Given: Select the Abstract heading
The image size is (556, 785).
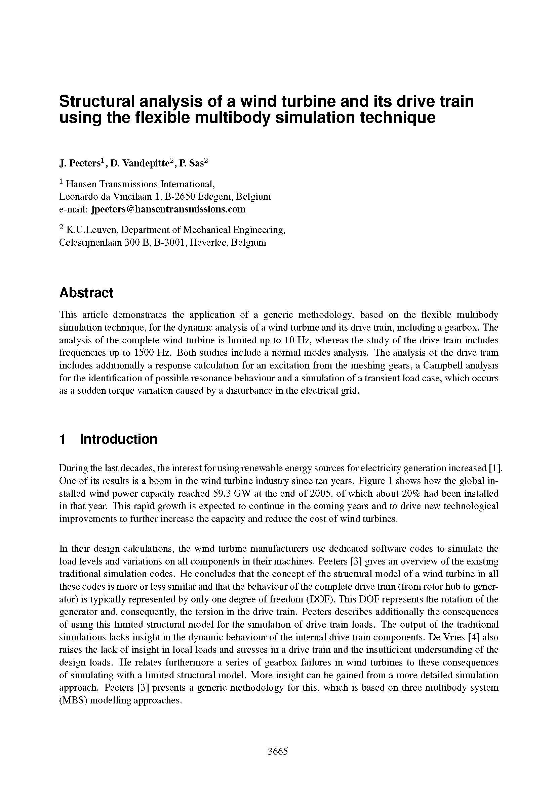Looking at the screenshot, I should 86,293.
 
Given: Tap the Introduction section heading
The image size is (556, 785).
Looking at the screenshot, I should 118,439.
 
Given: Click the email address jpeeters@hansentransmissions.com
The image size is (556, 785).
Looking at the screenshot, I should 168,209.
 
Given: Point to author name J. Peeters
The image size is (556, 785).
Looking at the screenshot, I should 80,164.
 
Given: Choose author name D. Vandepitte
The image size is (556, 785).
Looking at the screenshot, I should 140,164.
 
